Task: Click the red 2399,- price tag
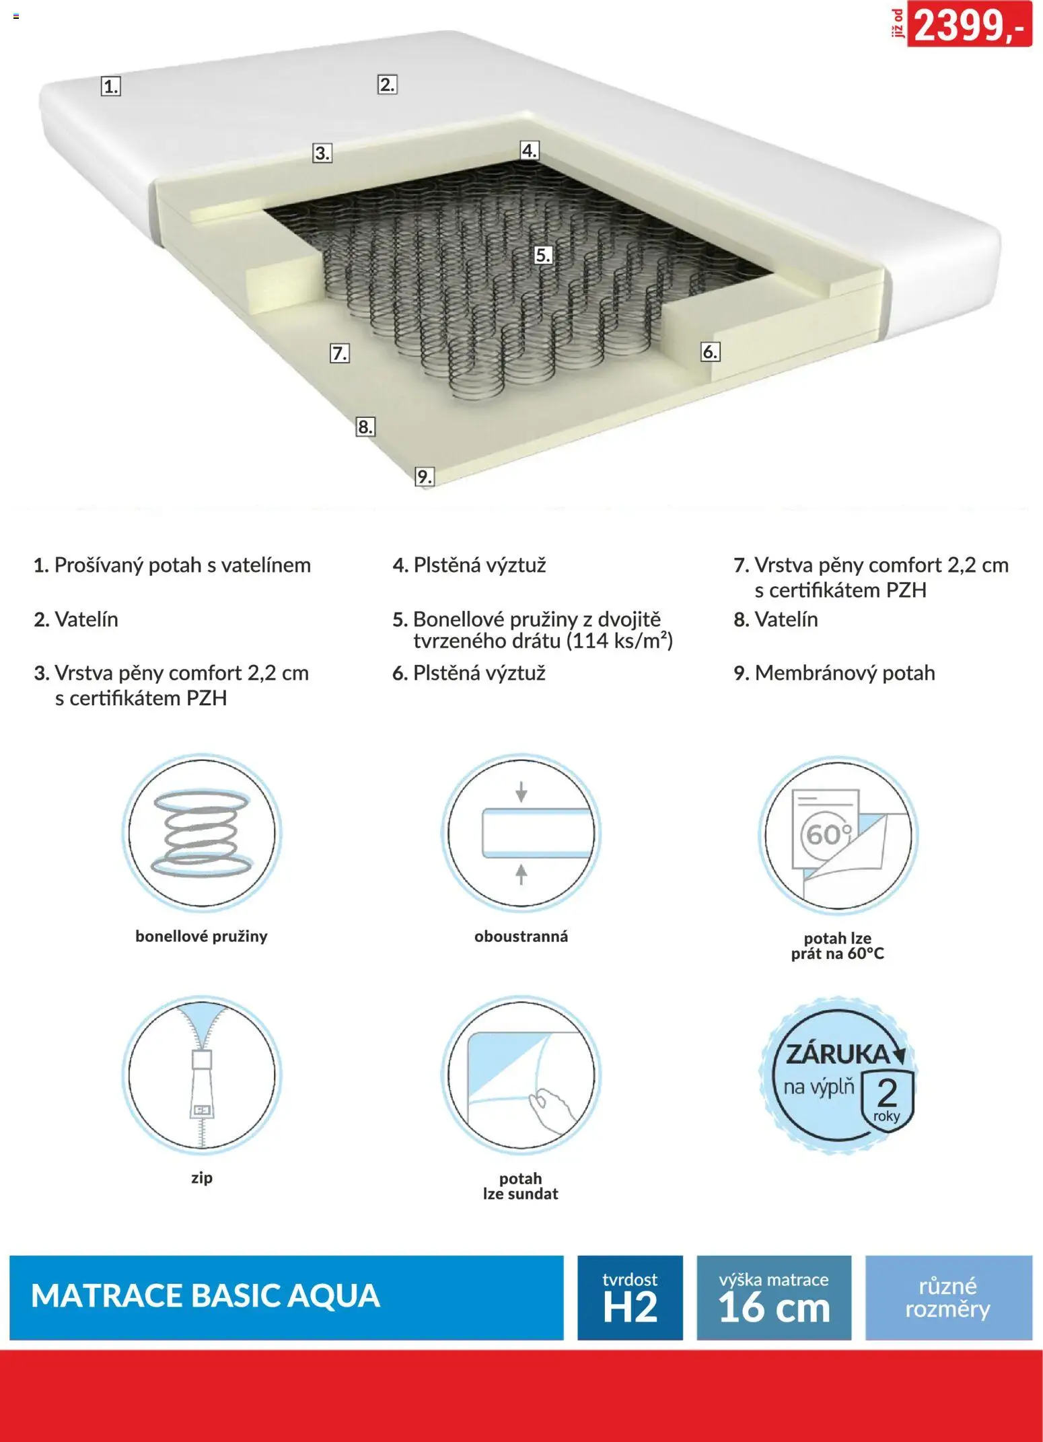[x=969, y=24]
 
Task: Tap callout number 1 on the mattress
[x=111, y=86]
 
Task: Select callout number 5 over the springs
[x=543, y=255]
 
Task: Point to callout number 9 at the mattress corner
[x=424, y=476]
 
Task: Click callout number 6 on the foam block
[x=710, y=351]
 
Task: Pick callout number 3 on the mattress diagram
[x=322, y=153]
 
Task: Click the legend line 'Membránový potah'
[x=834, y=673]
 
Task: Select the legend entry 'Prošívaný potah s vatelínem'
[x=172, y=565]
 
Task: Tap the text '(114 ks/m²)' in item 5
[x=619, y=641]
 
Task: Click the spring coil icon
[x=202, y=834]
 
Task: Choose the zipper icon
[x=202, y=1075]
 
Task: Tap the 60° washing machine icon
[x=838, y=834]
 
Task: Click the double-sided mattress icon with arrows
[x=521, y=834]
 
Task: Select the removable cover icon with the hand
[x=521, y=1075]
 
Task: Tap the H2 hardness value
[x=630, y=1307]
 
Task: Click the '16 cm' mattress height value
[x=774, y=1307]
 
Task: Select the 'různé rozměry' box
[x=948, y=1297]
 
